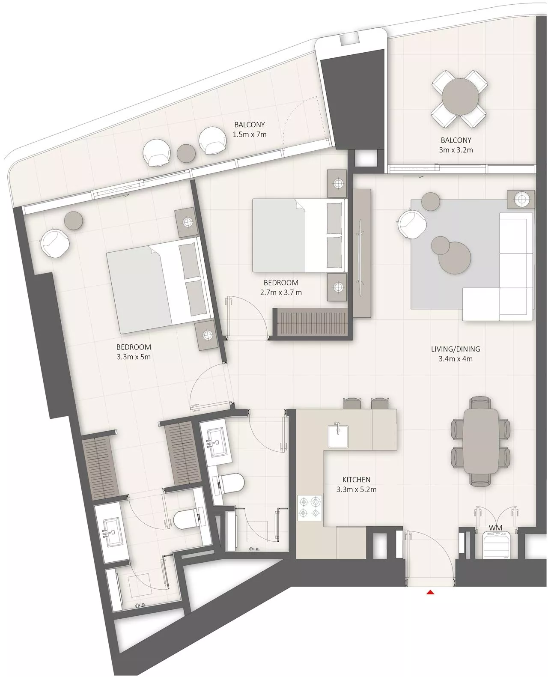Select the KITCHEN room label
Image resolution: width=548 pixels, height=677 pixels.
(356, 480)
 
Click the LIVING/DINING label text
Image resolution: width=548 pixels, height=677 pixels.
(456, 349)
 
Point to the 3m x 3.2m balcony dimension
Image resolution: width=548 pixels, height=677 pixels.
(456, 150)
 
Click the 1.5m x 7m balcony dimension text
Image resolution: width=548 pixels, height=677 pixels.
(250, 134)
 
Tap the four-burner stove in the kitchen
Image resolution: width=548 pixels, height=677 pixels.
(310, 507)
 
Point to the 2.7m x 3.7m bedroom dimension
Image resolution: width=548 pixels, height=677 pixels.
(281, 293)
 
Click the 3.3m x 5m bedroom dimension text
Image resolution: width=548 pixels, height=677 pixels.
(134, 357)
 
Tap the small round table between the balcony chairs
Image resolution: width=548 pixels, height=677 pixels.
(186, 153)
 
